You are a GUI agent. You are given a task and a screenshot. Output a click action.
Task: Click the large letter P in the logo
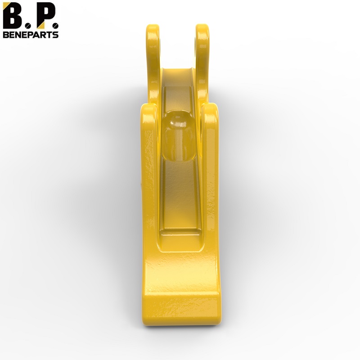45,16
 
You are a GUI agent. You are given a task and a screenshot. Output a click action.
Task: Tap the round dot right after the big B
28,26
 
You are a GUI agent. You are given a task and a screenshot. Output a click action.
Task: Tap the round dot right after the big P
55,26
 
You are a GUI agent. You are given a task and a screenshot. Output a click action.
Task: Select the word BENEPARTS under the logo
31,35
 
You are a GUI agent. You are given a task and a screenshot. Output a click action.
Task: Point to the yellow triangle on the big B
6,6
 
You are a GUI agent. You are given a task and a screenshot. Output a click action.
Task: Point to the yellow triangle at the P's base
41,25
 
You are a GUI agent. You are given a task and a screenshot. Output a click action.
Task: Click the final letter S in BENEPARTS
55,35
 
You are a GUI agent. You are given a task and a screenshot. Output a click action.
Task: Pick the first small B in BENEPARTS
6,35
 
